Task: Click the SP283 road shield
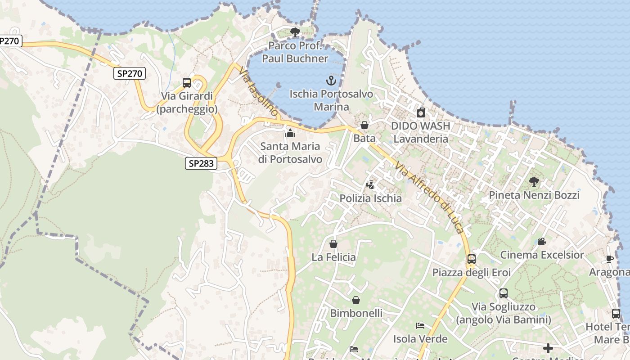(201, 163)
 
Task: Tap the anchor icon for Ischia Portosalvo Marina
(331, 81)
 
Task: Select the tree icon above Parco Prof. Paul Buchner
(295, 32)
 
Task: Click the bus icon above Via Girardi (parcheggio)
(187, 83)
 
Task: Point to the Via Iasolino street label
(258, 93)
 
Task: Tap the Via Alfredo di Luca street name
(429, 198)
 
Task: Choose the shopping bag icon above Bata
(364, 125)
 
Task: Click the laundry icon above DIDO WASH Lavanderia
(421, 112)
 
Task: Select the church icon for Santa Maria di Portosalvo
(290, 133)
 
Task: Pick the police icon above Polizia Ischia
(370, 184)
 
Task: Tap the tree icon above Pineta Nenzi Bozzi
(534, 182)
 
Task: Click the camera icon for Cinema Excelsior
(542, 242)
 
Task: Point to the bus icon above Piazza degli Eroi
(472, 259)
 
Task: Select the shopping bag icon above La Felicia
(333, 244)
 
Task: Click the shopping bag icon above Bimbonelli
(356, 300)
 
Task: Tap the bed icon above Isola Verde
(420, 326)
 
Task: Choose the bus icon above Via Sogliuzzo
(504, 293)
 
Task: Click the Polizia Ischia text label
(370, 198)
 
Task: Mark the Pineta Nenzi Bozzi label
(534, 195)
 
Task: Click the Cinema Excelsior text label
(542, 255)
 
